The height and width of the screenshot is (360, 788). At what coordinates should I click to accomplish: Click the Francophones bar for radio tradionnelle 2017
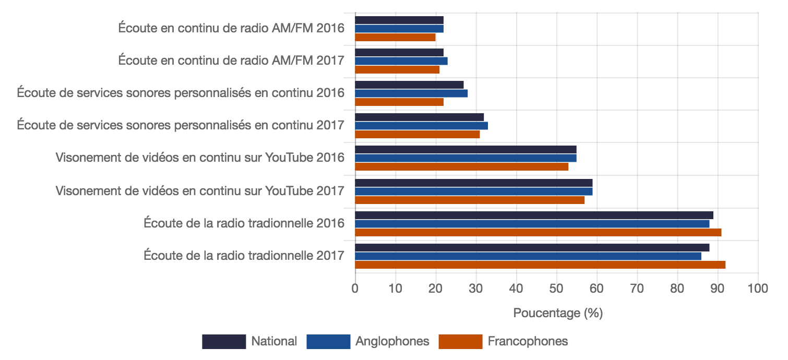pyautogui.click(x=540, y=265)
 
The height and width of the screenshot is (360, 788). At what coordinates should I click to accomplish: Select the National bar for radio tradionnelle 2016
pyautogui.click(x=534, y=215)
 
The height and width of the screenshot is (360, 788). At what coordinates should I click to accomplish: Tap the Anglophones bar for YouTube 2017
pyautogui.click(x=473, y=191)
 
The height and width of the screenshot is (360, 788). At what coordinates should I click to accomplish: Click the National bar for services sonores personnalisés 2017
pyautogui.click(x=419, y=117)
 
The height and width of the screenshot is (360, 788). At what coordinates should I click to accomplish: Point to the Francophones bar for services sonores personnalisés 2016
pyautogui.click(x=399, y=102)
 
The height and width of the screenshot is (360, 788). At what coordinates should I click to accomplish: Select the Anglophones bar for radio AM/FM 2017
pyautogui.click(x=401, y=61)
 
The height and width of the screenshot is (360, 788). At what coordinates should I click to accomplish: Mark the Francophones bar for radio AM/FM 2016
pyautogui.click(x=395, y=37)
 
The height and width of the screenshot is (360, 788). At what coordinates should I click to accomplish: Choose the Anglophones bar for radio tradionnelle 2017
pyautogui.click(x=528, y=256)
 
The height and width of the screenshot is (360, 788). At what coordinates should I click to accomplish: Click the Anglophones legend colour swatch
pyautogui.click(x=328, y=342)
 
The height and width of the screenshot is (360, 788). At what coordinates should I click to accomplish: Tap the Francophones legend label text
pyautogui.click(x=528, y=342)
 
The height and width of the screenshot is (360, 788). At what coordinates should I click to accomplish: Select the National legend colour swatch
pyautogui.click(x=224, y=342)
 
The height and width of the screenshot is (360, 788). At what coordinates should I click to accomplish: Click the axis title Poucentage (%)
pyautogui.click(x=558, y=313)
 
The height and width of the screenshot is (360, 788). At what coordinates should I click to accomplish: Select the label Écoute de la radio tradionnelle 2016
pyautogui.click(x=244, y=223)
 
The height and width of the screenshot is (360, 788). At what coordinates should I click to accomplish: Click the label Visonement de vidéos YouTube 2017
pyautogui.click(x=200, y=191)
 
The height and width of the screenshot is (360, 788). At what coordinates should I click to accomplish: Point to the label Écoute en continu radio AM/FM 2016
pyautogui.click(x=231, y=28)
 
